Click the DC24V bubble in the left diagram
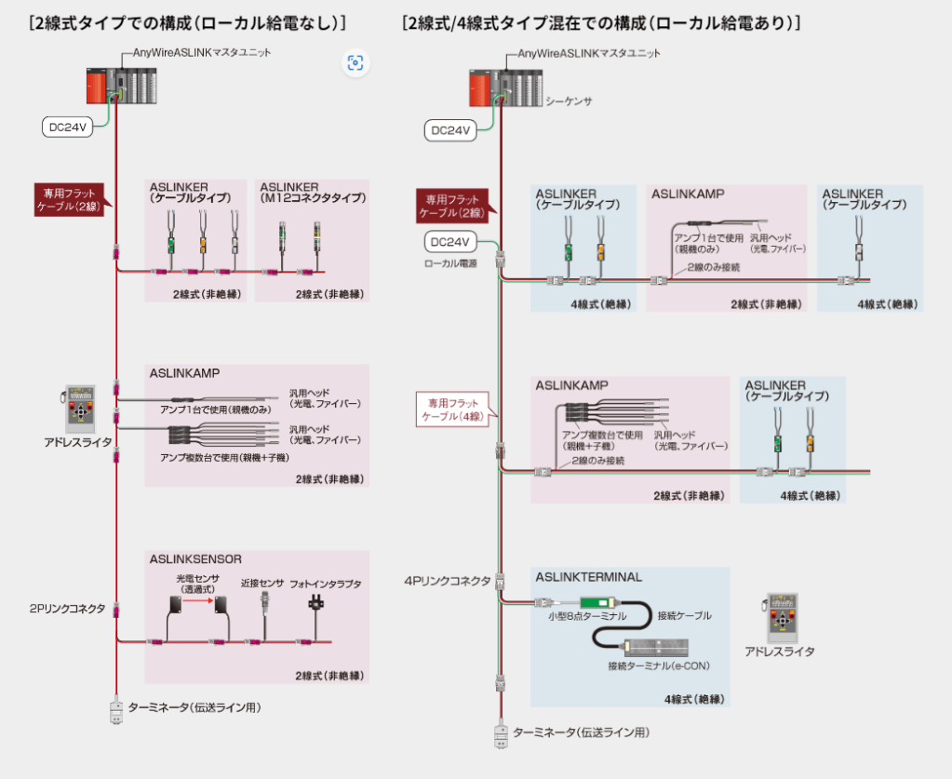point(67,128)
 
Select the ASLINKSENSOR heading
point(195,559)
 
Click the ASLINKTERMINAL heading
point(588,577)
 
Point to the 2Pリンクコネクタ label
point(67,609)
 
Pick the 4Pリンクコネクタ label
point(447,581)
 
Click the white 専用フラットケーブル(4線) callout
point(451,410)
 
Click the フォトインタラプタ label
point(326,584)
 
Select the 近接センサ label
point(262,584)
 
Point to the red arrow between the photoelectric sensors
point(194,601)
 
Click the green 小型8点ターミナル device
point(599,602)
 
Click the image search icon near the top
point(355,62)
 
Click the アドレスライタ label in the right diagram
point(779,651)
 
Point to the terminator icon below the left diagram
point(115,710)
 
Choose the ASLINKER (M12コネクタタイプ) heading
point(312,193)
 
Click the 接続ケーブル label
point(684,615)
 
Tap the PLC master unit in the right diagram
point(503,90)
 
